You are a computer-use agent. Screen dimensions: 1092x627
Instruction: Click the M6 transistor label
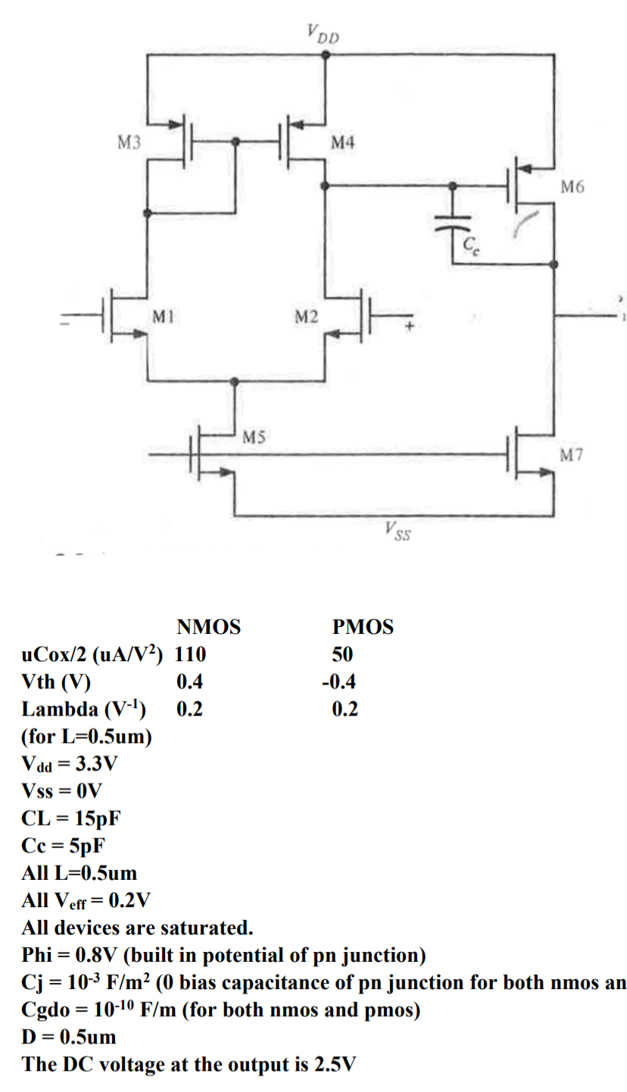click(572, 186)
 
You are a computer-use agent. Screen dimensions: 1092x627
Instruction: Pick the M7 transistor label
click(572, 454)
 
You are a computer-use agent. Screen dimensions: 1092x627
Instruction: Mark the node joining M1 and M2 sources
click(236, 381)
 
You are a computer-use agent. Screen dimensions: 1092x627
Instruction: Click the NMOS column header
click(208, 628)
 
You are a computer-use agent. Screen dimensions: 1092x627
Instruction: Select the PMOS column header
click(363, 628)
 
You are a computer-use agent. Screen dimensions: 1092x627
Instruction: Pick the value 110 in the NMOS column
click(192, 655)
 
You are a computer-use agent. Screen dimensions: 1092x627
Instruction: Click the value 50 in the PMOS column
click(342, 655)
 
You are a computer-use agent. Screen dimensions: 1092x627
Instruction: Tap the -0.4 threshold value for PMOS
click(338, 682)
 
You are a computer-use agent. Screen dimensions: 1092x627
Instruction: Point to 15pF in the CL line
click(95, 819)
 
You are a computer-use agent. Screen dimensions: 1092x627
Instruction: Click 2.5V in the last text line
click(333, 1064)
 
